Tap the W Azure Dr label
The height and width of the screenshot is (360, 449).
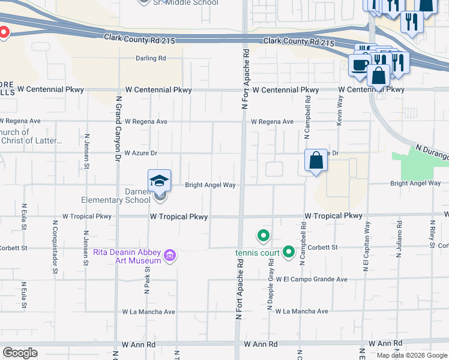click(140, 153)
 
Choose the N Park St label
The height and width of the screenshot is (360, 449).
click(146, 278)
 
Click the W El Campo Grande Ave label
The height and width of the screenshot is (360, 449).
click(312, 280)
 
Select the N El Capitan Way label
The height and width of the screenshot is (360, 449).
click(366, 247)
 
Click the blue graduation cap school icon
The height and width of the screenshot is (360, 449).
click(160, 180)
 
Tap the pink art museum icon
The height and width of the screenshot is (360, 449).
click(170, 257)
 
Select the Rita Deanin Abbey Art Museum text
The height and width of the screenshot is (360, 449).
click(127, 256)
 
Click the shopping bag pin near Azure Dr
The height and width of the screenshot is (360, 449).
click(316, 161)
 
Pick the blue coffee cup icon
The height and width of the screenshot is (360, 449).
click(360, 65)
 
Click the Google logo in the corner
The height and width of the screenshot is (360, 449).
click(20, 353)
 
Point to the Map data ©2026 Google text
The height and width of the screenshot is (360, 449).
click(412, 355)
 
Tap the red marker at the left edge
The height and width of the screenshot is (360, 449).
click(2, 32)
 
